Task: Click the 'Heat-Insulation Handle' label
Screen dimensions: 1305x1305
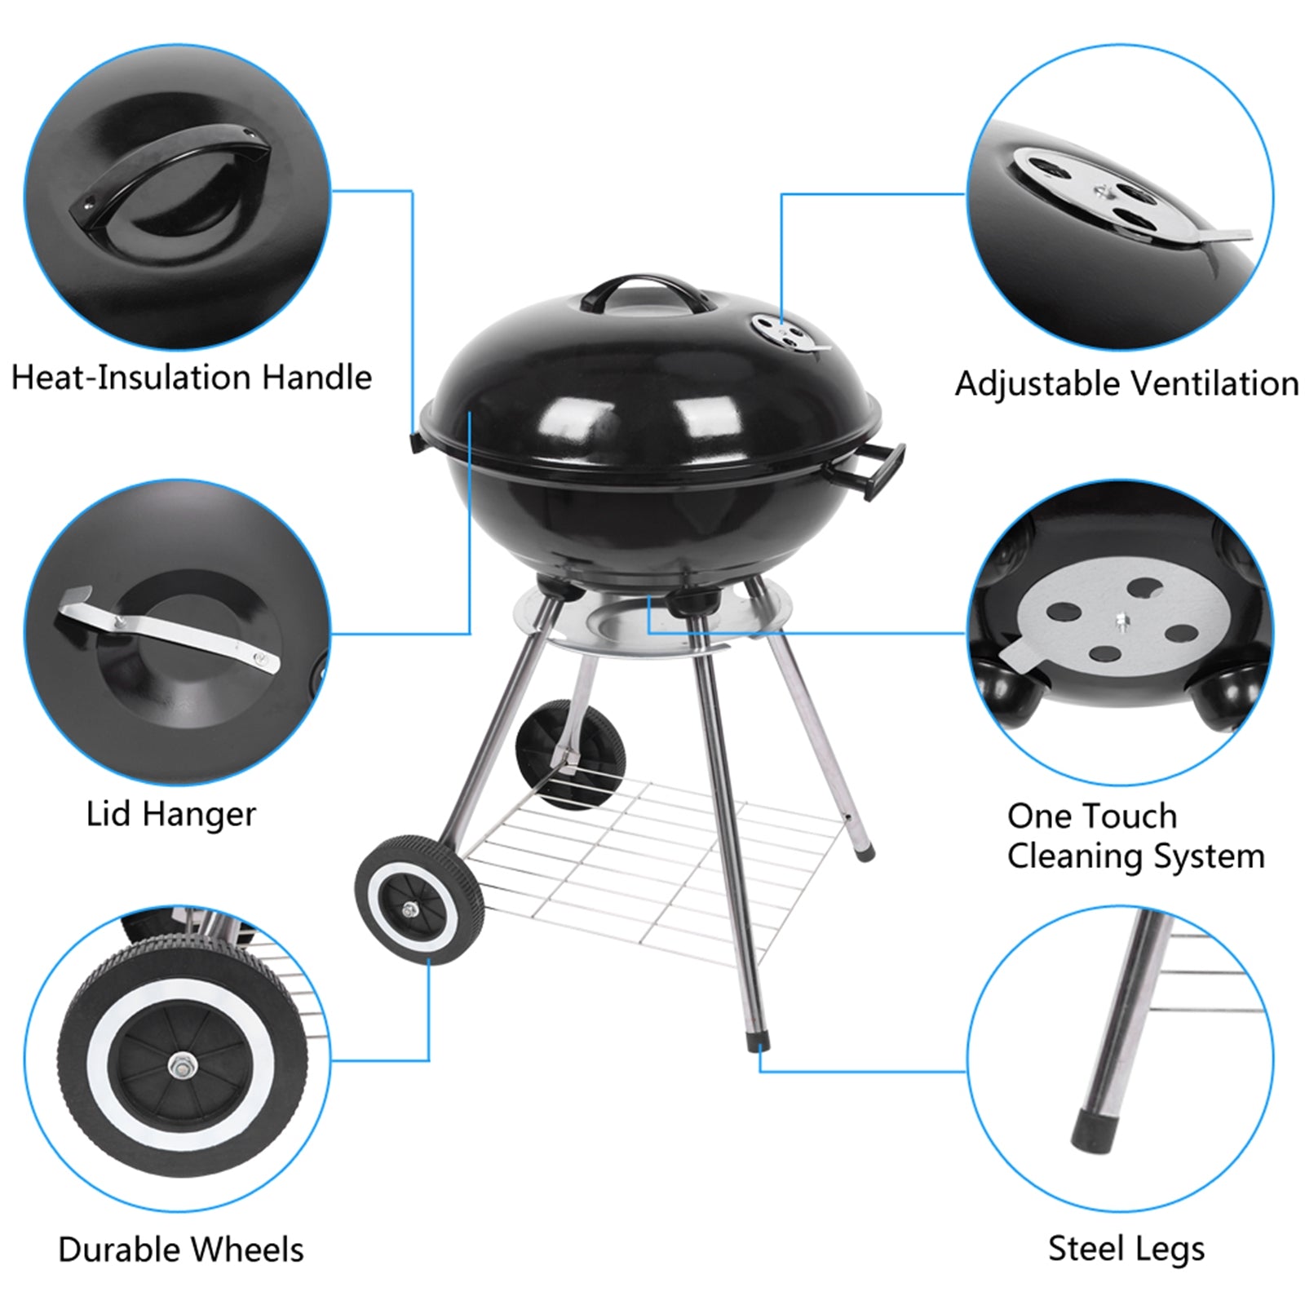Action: click(192, 378)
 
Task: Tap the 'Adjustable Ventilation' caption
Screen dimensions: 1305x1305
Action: click(1126, 383)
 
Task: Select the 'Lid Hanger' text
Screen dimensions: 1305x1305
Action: click(170, 814)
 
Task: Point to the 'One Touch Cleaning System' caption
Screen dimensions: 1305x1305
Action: click(1135, 836)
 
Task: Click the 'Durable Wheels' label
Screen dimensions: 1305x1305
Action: click(180, 1250)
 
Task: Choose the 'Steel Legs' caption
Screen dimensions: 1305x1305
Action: click(1126, 1249)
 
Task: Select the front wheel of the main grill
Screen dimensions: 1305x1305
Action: click(418, 899)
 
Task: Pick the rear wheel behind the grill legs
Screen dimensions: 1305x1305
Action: click(570, 752)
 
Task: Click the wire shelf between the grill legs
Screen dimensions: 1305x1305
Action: click(652, 865)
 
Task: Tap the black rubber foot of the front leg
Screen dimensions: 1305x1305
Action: click(758, 1044)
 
